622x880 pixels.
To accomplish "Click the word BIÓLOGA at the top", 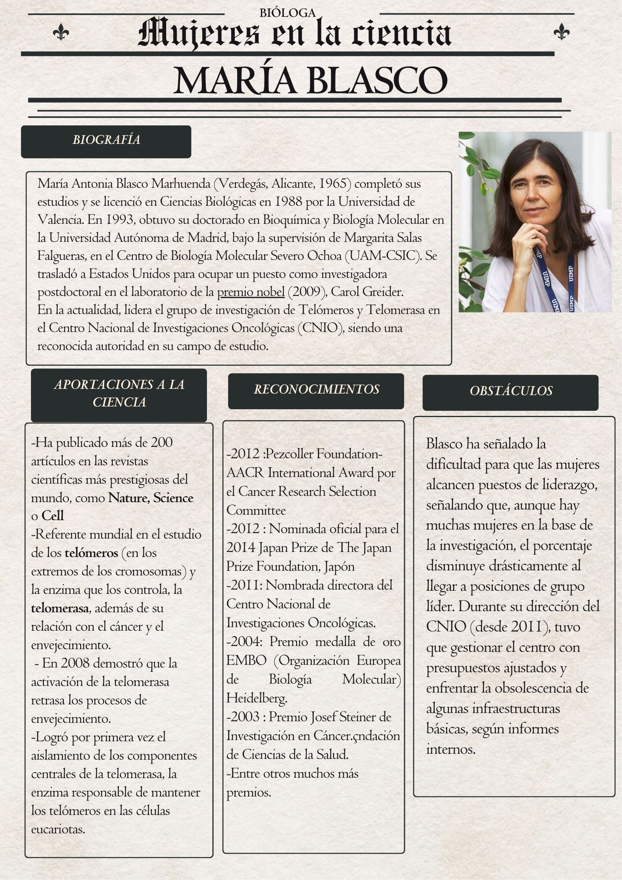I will point(287,13).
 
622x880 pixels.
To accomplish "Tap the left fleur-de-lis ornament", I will point(61,31).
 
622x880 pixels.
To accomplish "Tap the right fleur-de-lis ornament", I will point(562,31).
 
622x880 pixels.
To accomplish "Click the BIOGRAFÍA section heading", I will point(106,140).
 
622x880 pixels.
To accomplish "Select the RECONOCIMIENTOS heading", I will point(316,389).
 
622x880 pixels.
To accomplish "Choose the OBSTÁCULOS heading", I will point(511,391).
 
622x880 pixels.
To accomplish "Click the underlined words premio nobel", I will point(251,292).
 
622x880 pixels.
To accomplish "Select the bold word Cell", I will point(53,515).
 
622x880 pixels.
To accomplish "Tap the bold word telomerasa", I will point(59,608).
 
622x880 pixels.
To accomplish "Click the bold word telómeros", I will point(91,553).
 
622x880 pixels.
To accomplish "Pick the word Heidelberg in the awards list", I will point(257,698).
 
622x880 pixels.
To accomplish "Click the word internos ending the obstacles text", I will point(451,749).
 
